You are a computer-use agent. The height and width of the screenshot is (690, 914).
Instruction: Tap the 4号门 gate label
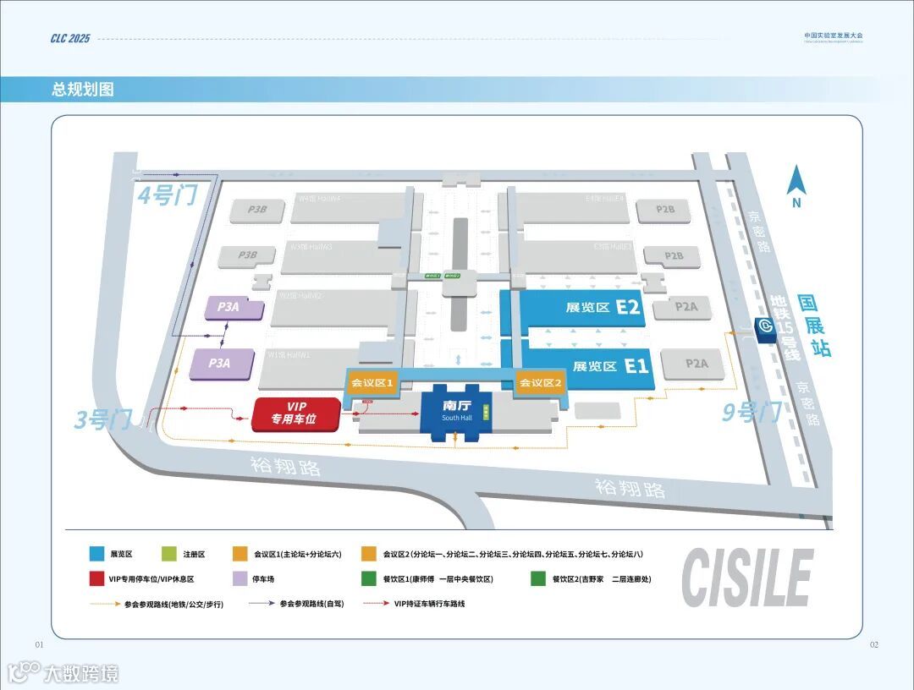(168, 196)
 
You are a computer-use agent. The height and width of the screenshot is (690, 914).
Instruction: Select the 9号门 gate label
(751, 413)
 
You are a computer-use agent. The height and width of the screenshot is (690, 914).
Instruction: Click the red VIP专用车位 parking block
(296, 413)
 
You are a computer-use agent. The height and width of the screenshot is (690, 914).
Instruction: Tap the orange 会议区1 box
(372, 383)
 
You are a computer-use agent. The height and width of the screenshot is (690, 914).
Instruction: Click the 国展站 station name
(816, 326)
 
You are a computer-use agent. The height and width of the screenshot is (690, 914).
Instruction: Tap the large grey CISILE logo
(747, 578)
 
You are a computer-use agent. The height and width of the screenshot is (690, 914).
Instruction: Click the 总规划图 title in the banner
(83, 90)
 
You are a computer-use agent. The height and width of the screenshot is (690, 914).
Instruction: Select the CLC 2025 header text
(69, 39)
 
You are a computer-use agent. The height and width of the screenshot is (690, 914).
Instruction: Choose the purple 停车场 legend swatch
(240, 579)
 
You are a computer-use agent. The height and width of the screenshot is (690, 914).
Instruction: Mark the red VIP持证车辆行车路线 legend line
(376, 604)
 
